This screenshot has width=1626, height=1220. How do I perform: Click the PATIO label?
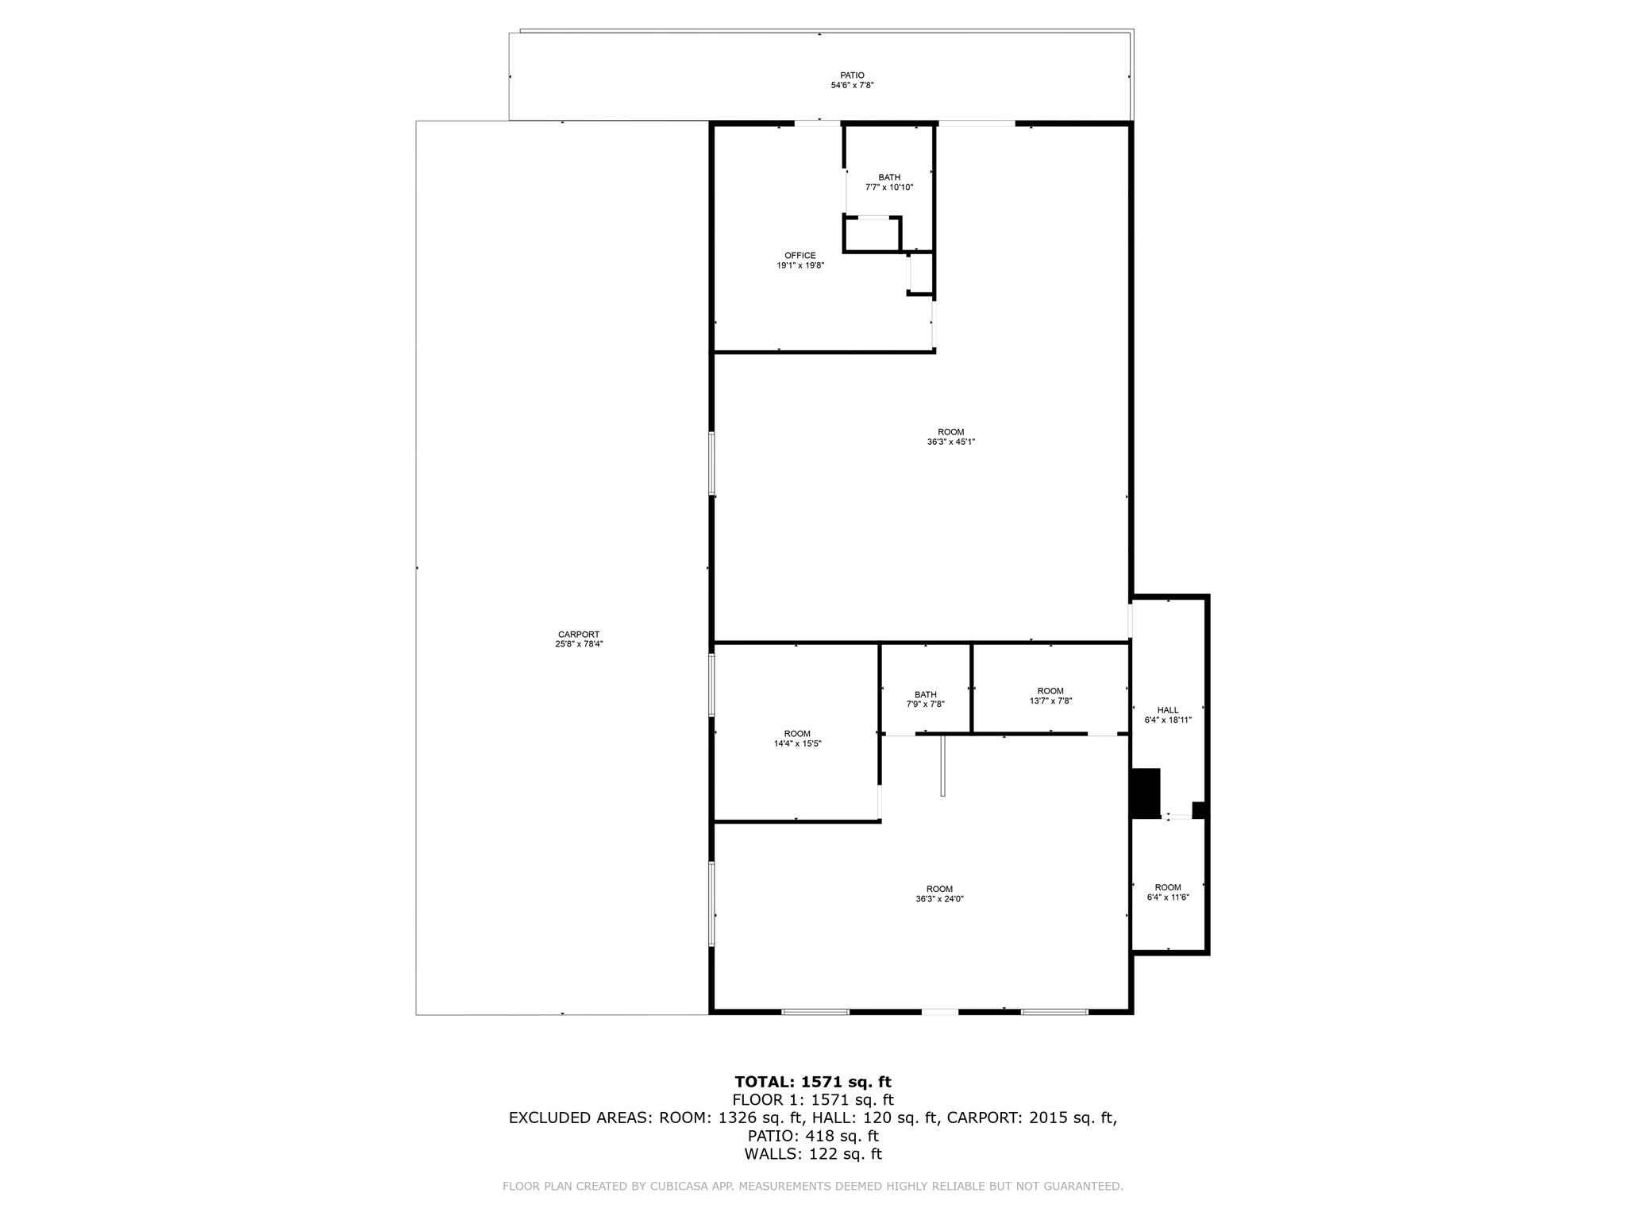(852, 75)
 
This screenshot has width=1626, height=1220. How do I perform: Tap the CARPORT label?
(578, 634)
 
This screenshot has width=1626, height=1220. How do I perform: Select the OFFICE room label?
(800, 256)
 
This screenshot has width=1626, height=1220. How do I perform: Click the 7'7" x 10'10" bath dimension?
(889, 187)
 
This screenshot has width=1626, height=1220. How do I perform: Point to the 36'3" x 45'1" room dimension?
(950, 442)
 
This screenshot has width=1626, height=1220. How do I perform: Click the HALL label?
(1167, 710)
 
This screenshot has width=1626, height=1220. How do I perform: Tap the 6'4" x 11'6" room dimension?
(1167, 897)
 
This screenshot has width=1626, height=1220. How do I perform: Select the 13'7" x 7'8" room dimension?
(1050, 701)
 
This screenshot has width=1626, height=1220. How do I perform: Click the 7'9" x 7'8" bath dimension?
(925, 704)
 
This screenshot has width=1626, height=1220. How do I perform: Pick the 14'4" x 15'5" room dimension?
(797, 743)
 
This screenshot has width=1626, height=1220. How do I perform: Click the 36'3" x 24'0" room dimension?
(939, 899)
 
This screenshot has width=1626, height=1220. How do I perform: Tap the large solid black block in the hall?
(1146, 793)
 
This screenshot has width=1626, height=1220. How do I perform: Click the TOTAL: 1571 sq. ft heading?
(812, 1082)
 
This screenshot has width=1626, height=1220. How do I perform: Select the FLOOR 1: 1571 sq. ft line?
(812, 1100)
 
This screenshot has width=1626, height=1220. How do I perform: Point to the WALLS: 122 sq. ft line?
(812, 1154)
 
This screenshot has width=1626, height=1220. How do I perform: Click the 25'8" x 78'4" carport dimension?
(578, 644)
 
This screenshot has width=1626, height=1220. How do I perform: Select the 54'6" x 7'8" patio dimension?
(852, 85)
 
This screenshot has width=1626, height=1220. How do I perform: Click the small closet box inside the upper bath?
(872, 235)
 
